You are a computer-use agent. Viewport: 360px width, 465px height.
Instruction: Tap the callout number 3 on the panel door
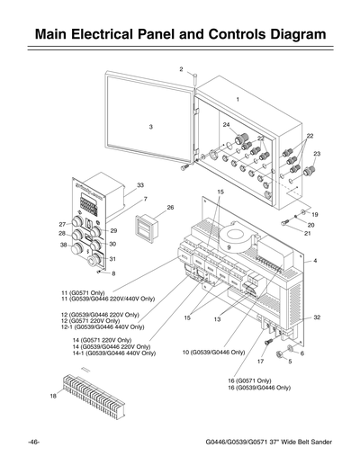coord(151,127)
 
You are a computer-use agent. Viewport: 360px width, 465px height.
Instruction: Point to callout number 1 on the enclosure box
coord(238,97)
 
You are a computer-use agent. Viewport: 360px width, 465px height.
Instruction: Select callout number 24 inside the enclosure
coord(226,124)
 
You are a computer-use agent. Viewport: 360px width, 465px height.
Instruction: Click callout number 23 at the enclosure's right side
coord(316,154)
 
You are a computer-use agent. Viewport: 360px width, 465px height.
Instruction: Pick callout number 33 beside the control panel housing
coord(140,184)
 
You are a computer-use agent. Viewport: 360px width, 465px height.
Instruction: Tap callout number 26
coord(170,207)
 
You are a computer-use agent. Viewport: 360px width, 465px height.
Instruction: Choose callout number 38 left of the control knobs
coord(63,245)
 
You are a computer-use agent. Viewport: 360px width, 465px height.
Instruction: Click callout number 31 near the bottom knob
coord(112,259)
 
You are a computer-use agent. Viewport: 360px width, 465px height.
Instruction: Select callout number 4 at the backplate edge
coord(316,260)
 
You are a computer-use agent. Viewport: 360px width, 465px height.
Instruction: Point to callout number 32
coord(317,317)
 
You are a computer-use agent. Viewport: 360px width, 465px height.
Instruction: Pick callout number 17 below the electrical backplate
coord(259,362)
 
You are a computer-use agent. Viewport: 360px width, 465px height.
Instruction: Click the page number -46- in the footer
coord(33,443)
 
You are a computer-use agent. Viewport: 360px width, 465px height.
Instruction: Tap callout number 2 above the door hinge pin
coord(181,69)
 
